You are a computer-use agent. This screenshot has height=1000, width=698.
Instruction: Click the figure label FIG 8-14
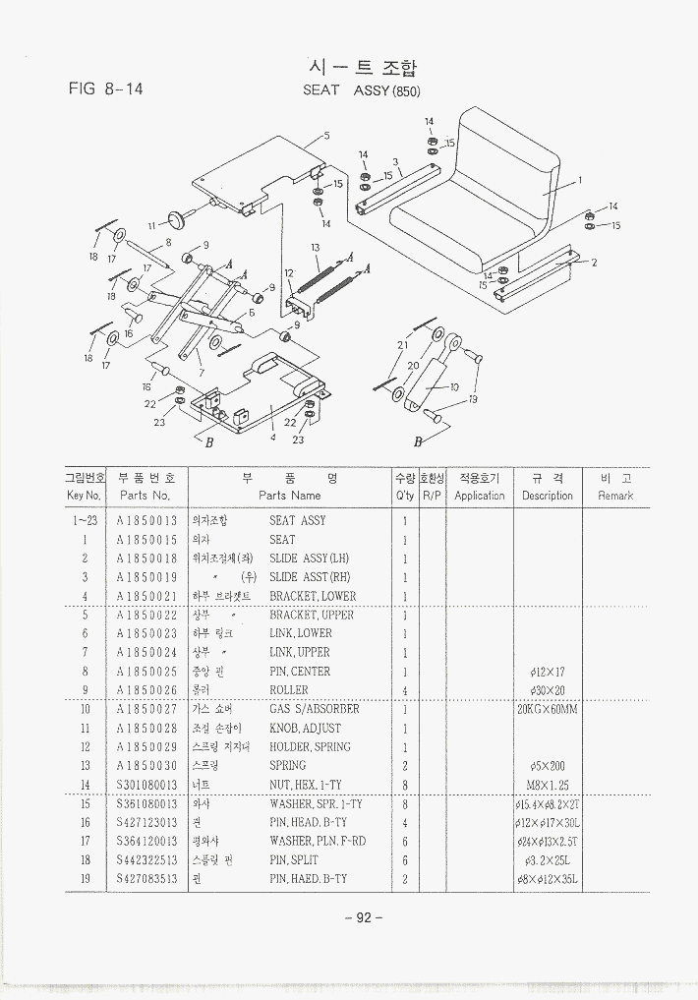pos(106,88)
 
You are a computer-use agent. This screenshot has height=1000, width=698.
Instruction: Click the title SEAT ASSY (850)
pos(361,90)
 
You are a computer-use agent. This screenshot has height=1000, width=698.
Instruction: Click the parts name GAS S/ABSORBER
pos(315,709)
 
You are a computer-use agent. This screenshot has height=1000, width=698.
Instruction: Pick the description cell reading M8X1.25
pos(548,785)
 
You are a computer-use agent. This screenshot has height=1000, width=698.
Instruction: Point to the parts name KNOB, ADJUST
pos(306,728)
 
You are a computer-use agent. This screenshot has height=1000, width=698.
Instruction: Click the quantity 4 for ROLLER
pos(405,690)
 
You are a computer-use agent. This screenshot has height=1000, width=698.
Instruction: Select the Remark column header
pos(615,487)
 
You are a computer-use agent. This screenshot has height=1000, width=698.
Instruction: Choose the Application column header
pos(479,487)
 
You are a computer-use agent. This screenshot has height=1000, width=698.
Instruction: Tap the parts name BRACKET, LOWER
pos(313,596)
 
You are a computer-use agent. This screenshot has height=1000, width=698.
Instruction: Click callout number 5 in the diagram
pos(326,136)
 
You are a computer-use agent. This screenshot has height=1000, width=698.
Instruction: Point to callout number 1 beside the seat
pos(580,180)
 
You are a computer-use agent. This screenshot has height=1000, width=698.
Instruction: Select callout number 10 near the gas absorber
pos(454,386)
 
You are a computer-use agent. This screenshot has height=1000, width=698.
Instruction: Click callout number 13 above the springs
pos(315,248)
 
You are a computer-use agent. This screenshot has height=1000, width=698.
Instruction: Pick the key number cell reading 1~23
pos(85,520)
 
